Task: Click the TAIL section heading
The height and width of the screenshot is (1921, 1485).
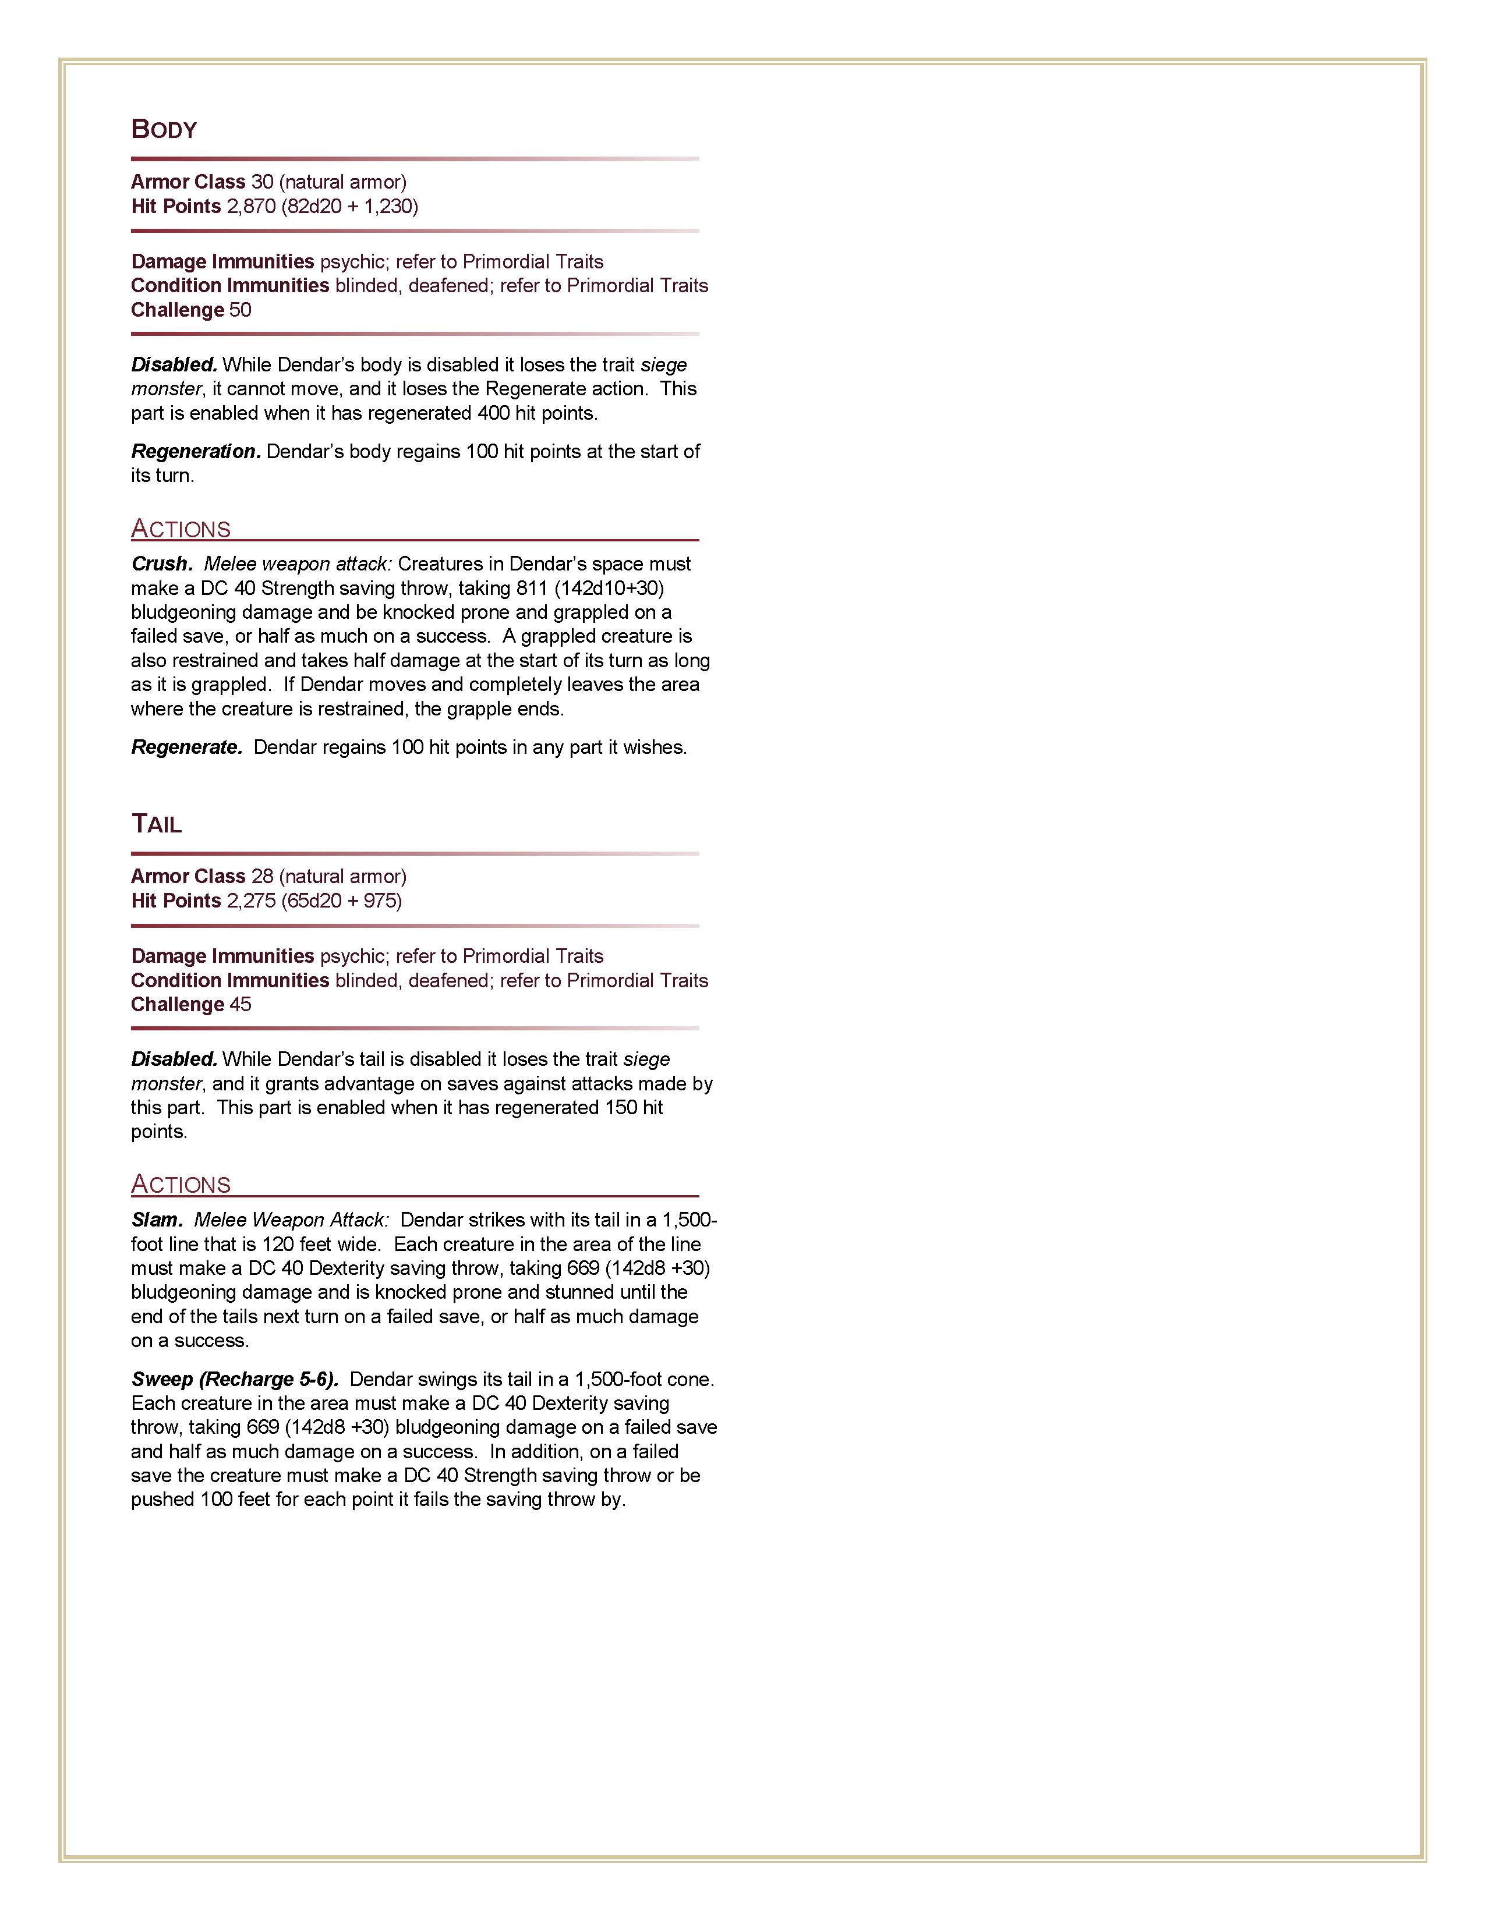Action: (157, 824)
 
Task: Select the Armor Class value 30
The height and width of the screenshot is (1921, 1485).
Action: (262, 182)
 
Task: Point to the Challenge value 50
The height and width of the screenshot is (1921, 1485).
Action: (240, 310)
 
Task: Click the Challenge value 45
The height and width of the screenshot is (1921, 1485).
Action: (240, 1005)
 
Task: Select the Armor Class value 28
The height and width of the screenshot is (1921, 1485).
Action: (262, 877)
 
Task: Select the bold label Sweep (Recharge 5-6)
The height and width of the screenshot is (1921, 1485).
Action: (235, 1379)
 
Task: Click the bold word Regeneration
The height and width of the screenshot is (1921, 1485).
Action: (195, 451)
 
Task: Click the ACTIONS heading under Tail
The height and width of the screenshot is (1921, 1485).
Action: (181, 1184)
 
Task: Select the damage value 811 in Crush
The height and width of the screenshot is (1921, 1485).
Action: (531, 589)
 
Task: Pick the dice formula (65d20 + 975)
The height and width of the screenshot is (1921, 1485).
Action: (341, 901)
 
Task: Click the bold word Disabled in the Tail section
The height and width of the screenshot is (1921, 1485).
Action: (174, 1059)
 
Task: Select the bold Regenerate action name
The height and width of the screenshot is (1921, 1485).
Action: (186, 747)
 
